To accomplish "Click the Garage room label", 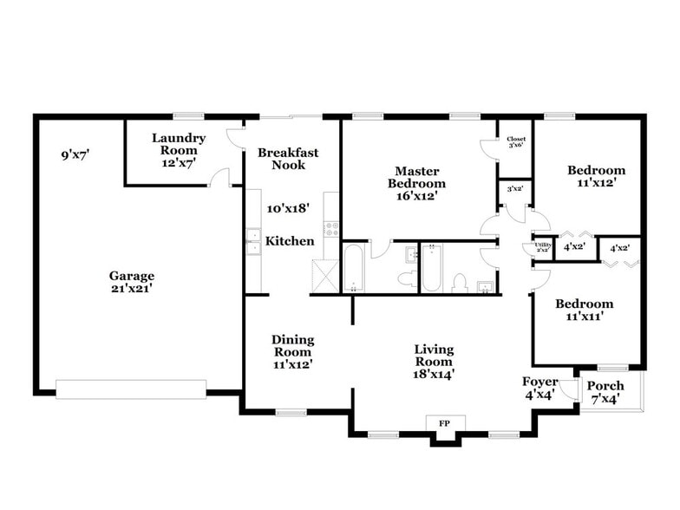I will (132, 282).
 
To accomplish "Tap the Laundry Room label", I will (179, 149).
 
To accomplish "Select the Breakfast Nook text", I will (288, 158).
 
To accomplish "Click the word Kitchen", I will (290, 241).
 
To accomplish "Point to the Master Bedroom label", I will (416, 183).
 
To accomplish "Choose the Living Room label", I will (434, 361).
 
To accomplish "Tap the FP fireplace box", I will (444, 423).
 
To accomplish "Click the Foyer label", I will (539, 388).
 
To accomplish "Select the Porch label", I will (605, 391).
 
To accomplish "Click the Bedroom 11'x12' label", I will (596, 176).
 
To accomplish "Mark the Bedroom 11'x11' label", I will (584, 310).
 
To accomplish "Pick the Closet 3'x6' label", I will (516, 141).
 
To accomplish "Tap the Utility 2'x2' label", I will (543, 247).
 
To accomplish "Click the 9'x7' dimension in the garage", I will (75, 155).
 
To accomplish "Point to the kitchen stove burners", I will (331, 229).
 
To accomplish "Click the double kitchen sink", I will (252, 242).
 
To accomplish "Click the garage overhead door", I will (131, 389).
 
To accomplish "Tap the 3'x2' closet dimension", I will (514, 188).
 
